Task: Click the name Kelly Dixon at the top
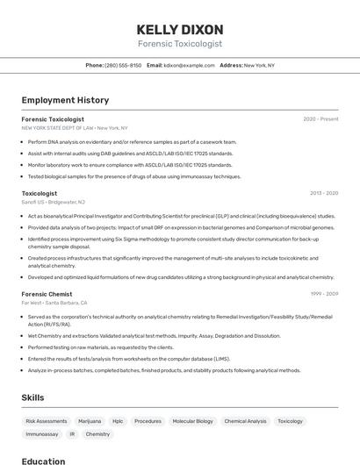tap(179, 29)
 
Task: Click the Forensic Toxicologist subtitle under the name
tap(179, 44)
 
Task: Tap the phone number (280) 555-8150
tap(123, 65)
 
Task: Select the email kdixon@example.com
tap(189, 65)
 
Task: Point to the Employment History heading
tap(65, 100)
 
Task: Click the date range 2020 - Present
tap(320, 118)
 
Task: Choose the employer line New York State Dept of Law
tap(75, 127)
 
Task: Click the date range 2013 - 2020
tap(323, 193)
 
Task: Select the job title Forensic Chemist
tap(47, 294)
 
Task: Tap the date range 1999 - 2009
tap(323, 294)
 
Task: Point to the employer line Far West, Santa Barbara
tap(54, 303)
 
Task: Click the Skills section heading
tap(32, 397)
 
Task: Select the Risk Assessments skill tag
tap(47, 421)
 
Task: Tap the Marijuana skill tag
tap(90, 421)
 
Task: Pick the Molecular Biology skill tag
tap(192, 421)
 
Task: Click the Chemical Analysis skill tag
tap(245, 421)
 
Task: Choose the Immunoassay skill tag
tap(42, 434)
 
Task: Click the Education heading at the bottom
tap(43, 461)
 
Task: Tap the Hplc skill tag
tap(118, 421)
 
